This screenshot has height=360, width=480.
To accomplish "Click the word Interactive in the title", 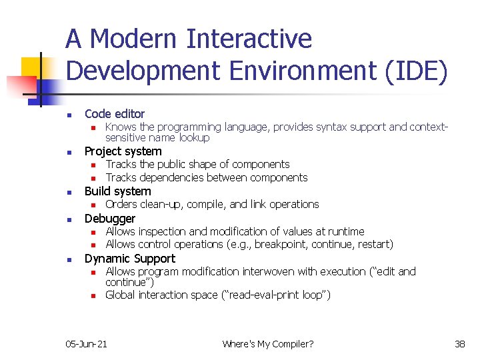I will (249, 39).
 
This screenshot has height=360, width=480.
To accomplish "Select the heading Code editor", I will (114, 114).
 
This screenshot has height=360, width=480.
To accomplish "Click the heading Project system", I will (123, 151).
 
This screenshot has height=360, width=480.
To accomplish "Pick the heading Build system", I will (117, 191).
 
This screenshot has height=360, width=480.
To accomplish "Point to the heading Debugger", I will (109, 219).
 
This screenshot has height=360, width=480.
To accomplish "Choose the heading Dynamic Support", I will (129, 259).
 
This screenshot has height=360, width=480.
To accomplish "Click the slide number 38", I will (460, 344).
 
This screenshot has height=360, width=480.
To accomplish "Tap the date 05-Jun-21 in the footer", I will (86, 344).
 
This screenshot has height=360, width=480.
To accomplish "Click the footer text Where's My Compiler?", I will (268, 344).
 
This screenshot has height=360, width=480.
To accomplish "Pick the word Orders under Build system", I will (121, 205).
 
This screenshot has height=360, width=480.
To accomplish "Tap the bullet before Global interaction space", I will (94, 295).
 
